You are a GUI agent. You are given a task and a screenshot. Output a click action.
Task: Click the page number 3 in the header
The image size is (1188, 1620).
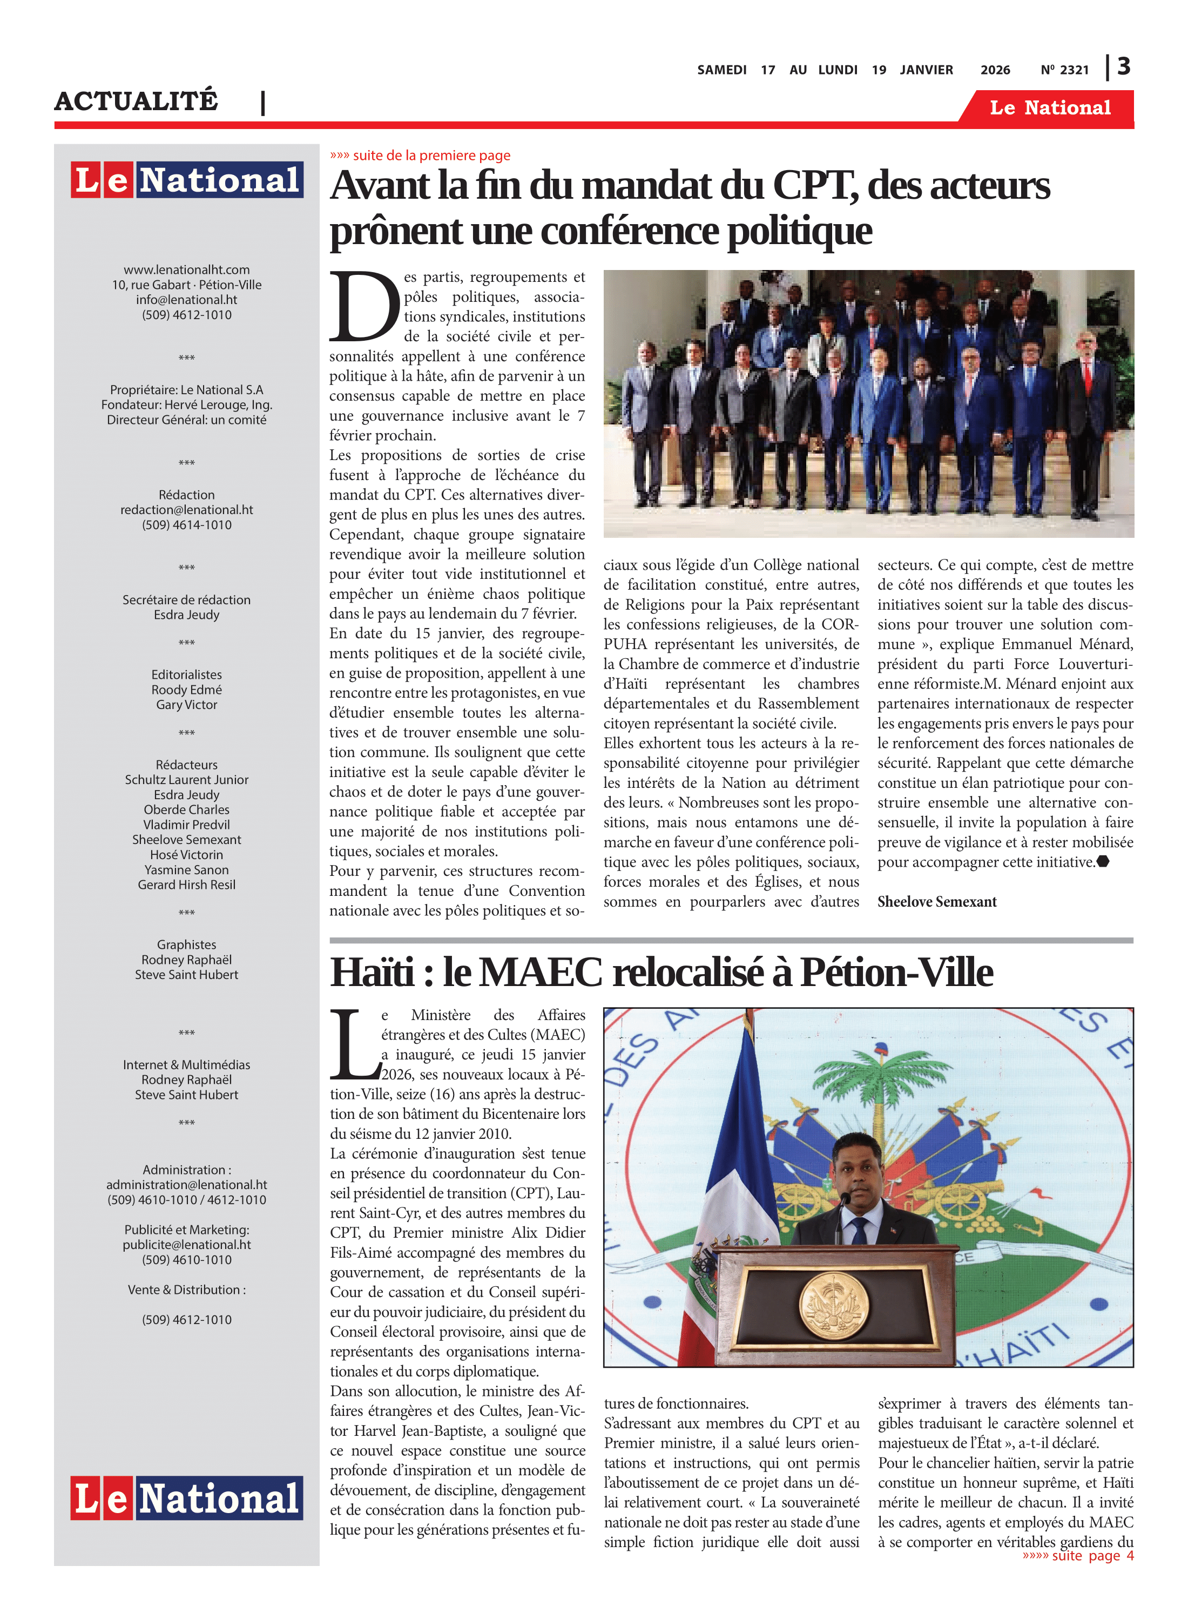click(1124, 67)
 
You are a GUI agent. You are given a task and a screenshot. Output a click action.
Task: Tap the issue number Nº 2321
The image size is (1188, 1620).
click(1064, 70)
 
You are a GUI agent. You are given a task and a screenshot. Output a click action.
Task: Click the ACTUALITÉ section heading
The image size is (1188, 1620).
click(136, 100)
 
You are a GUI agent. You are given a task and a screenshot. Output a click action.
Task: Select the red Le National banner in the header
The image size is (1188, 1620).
click(1050, 108)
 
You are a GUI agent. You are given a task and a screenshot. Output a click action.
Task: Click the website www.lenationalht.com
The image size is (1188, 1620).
click(186, 269)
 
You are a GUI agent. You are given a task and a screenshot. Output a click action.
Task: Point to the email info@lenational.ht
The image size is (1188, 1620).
click(186, 300)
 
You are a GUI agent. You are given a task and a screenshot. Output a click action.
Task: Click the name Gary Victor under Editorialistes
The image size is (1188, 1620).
click(186, 705)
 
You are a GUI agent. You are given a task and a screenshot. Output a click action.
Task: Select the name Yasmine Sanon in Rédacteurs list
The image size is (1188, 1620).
click(186, 869)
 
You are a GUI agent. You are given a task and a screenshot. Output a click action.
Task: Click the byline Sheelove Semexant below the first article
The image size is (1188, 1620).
click(936, 902)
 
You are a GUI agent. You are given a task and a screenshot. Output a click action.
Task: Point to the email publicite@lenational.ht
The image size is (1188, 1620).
click(186, 1245)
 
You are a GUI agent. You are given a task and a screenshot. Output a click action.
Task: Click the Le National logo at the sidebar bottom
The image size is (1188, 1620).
click(186, 1498)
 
